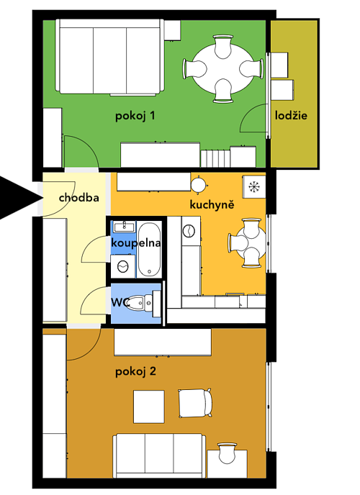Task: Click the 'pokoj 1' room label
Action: click(x=135, y=116)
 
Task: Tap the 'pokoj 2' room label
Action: click(x=135, y=371)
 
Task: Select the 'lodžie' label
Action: click(x=291, y=115)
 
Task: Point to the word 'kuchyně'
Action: click(x=212, y=204)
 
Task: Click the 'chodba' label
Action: click(x=79, y=198)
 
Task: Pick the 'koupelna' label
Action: click(x=136, y=243)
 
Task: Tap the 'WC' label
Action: click(x=120, y=302)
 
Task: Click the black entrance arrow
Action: click(x=21, y=198)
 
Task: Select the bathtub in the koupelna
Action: click(x=149, y=250)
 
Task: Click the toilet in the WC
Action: click(x=146, y=303)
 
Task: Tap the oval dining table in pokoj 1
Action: click(x=223, y=69)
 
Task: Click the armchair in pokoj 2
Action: click(x=195, y=403)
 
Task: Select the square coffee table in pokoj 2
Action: click(x=149, y=407)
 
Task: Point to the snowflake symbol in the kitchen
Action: click(x=253, y=186)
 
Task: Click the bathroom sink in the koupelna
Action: click(x=124, y=227)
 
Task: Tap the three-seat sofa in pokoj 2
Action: click(x=159, y=455)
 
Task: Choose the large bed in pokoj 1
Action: click(x=110, y=57)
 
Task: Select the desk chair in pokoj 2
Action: click(x=227, y=453)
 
